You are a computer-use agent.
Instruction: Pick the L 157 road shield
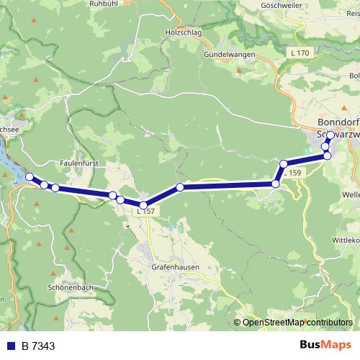coord(145,211)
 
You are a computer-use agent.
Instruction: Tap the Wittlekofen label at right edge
coord(345,240)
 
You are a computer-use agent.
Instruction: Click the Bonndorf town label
coord(338,122)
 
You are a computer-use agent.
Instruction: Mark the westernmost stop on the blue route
coord(30,177)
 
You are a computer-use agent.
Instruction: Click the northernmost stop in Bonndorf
coord(330,135)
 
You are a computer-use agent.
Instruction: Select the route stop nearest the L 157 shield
coord(143,205)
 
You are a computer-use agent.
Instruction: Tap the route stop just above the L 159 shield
coord(284,163)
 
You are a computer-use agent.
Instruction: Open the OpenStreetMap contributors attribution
coord(297,322)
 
